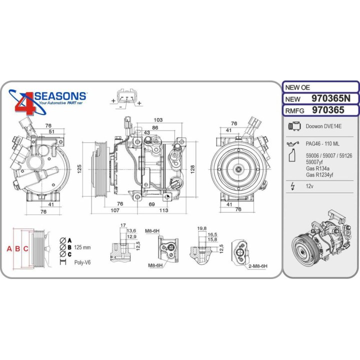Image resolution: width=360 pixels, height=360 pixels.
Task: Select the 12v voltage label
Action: [x=310, y=186]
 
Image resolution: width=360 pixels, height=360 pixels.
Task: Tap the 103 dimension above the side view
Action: [x=158, y=120]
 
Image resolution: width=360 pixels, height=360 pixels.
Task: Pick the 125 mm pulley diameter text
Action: [x=82, y=247]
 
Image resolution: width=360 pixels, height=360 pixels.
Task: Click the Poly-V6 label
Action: [x=82, y=261]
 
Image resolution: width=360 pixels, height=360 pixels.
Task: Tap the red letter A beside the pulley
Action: [x=8, y=248]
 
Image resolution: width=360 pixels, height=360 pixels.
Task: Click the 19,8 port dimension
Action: [x=202, y=228]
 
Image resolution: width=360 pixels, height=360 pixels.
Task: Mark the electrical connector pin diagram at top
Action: [x=126, y=97]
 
